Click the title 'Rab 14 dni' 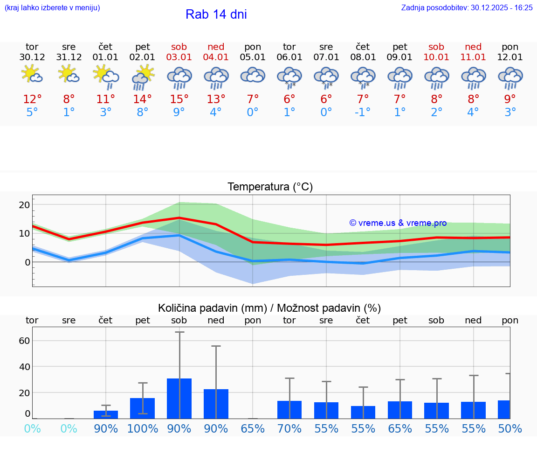click(x=216, y=14)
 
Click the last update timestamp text click(x=467, y=7)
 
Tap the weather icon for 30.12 click(x=32, y=75)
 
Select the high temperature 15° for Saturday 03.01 click(x=179, y=99)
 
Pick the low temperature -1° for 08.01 click(x=363, y=112)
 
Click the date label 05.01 click(x=253, y=57)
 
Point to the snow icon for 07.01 click(x=326, y=77)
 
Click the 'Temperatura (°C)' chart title click(x=270, y=187)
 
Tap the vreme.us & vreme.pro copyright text click(x=398, y=223)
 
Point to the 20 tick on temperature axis click(x=24, y=204)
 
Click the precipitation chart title click(x=269, y=308)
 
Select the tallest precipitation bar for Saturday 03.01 click(x=179, y=398)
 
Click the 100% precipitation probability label click(x=142, y=428)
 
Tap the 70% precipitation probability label click(x=289, y=428)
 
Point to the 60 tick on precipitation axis click(x=24, y=340)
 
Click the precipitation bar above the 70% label click(x=289, y=409)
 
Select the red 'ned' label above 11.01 click(x=474, y=47)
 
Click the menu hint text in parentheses click(x=52, y=7)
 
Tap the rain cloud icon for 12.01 click(x=510, y=77)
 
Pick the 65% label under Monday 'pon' click(x=253, y=428)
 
